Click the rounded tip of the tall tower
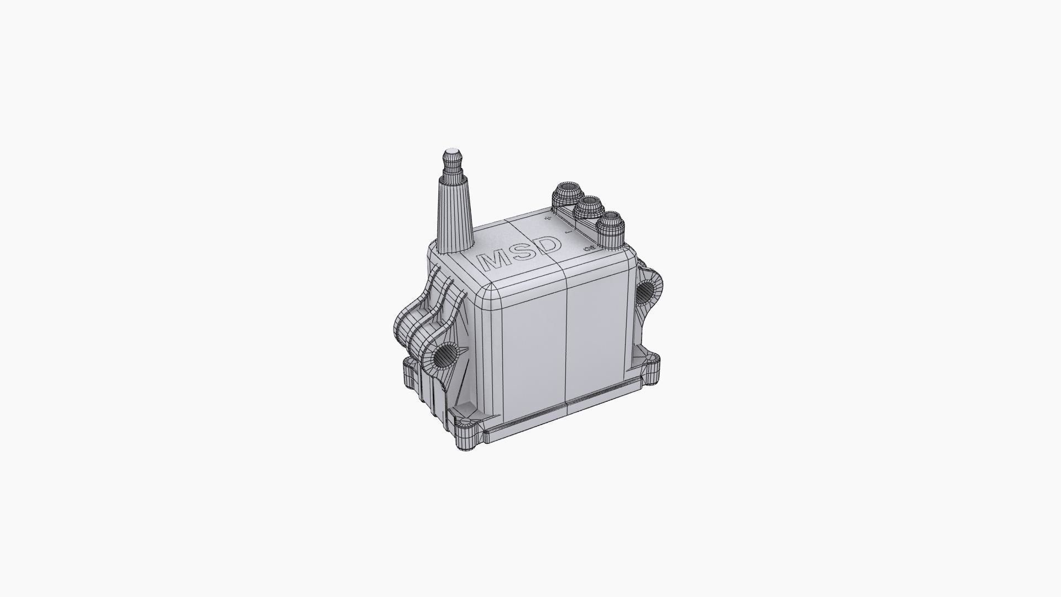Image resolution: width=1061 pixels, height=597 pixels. pyautogui.click(x=453, y=151)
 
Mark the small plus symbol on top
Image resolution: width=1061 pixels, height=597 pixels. pyautogui.click(x=548, y=219)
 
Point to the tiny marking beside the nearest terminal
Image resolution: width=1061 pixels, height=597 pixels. pyautogui.click(x=589, y=249)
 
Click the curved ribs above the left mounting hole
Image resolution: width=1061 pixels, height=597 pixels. pyautogui.click(x=437, y=310)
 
